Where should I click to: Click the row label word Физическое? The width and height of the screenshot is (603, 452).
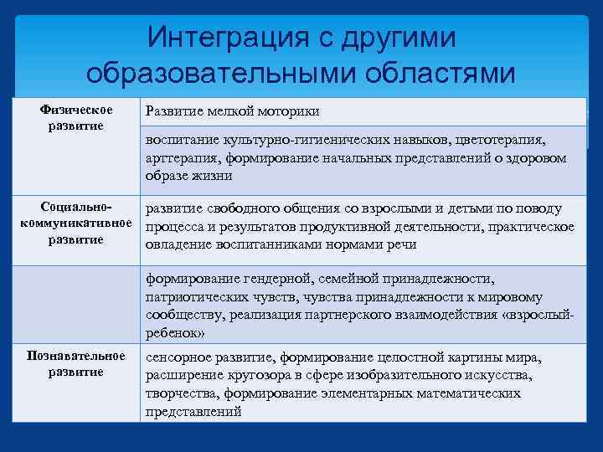[x=76, y=110]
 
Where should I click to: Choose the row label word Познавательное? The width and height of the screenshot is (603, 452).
[x=76, y=357]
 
